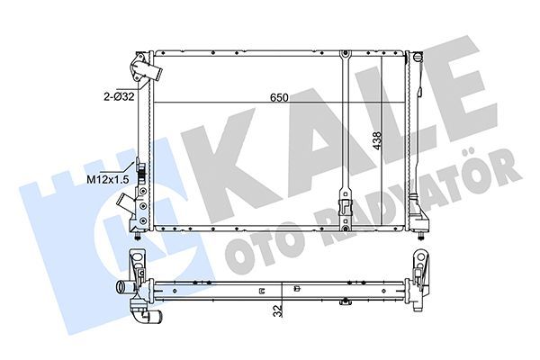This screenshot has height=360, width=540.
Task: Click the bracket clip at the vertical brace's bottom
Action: (345, 207)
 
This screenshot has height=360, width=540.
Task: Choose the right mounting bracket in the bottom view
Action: (418, 266)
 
